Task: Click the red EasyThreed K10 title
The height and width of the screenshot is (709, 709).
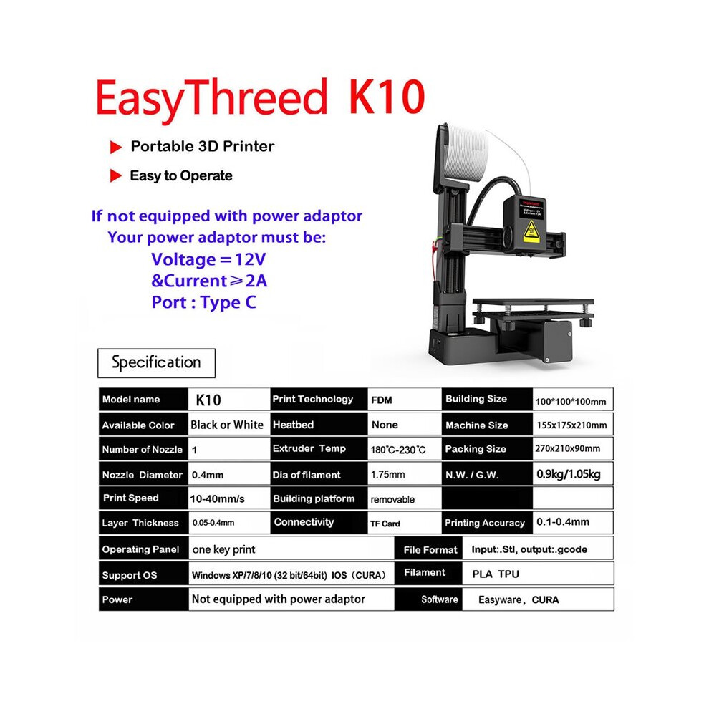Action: click(x=260, y=98)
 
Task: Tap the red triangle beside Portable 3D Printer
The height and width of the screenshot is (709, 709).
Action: click(x=116, y=147)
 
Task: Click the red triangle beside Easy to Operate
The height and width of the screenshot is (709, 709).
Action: click(x=116, y=176)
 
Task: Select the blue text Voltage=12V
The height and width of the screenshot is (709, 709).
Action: click(x=208, y=259)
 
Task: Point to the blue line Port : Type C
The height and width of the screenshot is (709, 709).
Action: click(x=203, y=302)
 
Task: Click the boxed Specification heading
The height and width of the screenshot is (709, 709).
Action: click(x=156, y=363)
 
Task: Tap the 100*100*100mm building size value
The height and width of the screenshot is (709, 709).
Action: click(x=571, y=402)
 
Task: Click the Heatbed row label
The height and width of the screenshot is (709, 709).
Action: click(x=294, y=425)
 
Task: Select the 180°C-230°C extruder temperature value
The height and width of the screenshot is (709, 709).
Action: click(x=398, y=450)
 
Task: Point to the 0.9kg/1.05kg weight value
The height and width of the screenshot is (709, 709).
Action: click(x=569, y=474)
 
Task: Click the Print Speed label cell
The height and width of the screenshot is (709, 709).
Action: click(x=130, y=498)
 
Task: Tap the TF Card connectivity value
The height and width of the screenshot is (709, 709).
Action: click(x=385, y=524)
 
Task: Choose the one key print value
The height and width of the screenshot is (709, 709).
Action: click(x=224, y=549)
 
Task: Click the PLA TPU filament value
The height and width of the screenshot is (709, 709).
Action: click(x=496, y=574)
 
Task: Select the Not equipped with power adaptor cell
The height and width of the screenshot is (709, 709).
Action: click(x=278, y=599)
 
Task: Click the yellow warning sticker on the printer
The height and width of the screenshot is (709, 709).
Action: click(x=531, y=231)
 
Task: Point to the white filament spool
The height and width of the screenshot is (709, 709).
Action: click(x=466, y=153)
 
